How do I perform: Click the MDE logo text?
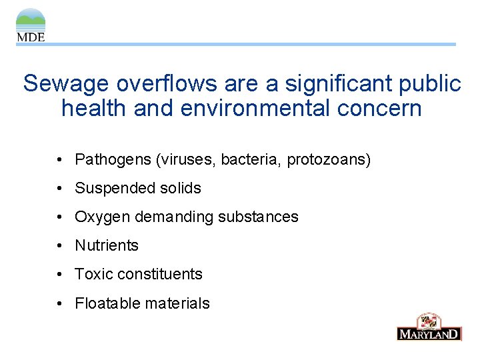(x=31, y=37)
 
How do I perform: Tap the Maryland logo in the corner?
(x=429, y=327)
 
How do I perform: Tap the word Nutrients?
(x=107, y=246)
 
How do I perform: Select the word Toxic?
(x=93, y=275)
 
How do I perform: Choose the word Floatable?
(x=105, y=304)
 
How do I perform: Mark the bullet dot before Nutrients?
(x=60, y=246)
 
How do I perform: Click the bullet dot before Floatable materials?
(x=60, y=304)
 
